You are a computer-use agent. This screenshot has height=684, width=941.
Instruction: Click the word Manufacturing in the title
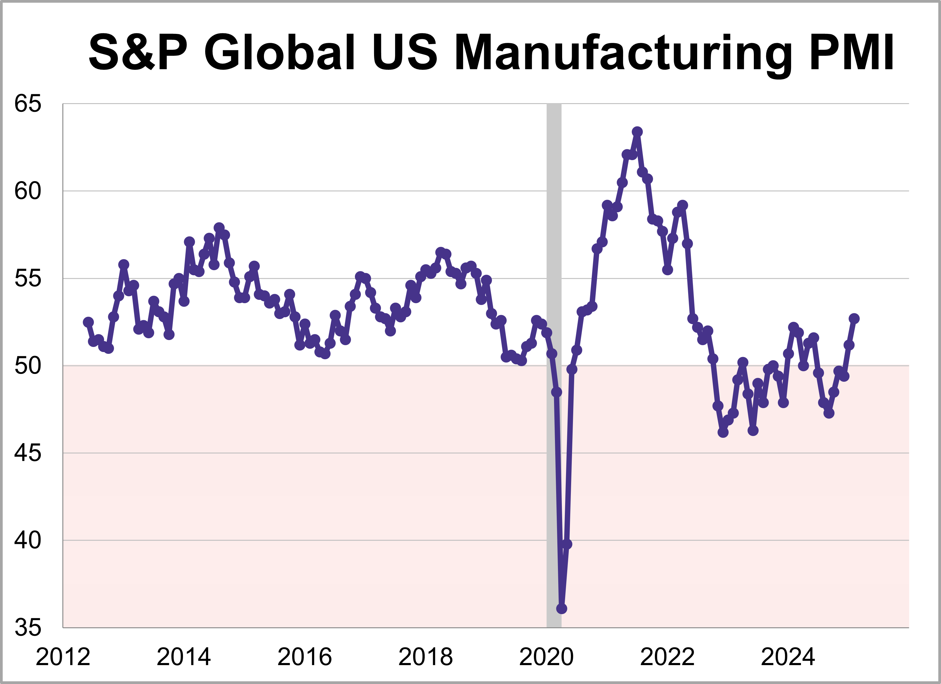[x=622, y=53]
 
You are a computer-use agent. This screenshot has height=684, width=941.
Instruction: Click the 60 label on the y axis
[x=28, y=191]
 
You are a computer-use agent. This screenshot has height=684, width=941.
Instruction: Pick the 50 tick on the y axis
[x=28, y=366]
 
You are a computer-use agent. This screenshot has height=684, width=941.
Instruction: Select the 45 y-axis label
[x=28, y=453]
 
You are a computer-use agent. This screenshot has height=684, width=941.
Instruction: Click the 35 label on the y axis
[x=28, y=628]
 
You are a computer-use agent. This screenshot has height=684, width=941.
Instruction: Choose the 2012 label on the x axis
[x=63, y=657]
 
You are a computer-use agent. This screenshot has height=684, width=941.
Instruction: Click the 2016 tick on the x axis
[x=304, y=657]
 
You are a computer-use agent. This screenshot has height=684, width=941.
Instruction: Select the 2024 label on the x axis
[x=788, y=657]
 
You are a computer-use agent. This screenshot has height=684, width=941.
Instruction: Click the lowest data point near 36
[x=561, y=608]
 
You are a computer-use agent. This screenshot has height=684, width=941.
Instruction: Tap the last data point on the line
[x=854, y=318]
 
